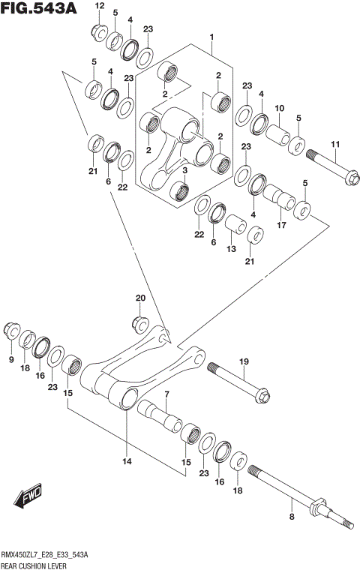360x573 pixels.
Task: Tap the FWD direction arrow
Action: tap(29, 499)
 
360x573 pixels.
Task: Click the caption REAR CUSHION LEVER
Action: tap(35, 565)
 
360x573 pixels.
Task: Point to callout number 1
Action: tap(212, 37)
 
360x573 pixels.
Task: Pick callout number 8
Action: tap(291, 517)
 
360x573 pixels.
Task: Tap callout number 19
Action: tap(244, 362)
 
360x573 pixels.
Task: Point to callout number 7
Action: tap(166, 394)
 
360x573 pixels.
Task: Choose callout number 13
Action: tap(231, 249)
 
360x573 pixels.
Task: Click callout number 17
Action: tap(282, 224)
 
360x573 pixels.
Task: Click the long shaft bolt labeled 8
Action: tap(292, 487)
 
